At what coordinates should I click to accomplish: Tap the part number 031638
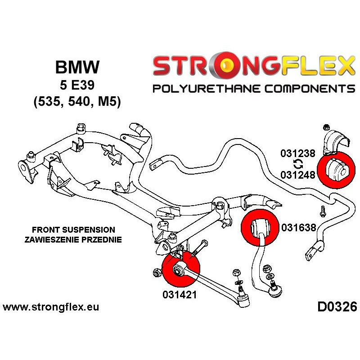(298, 228)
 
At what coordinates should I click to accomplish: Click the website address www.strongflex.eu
(51, 308)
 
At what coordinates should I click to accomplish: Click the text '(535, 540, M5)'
(77, 102)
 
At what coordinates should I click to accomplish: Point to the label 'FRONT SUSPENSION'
(73, 229)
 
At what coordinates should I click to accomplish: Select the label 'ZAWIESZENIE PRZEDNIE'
(73, 239)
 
